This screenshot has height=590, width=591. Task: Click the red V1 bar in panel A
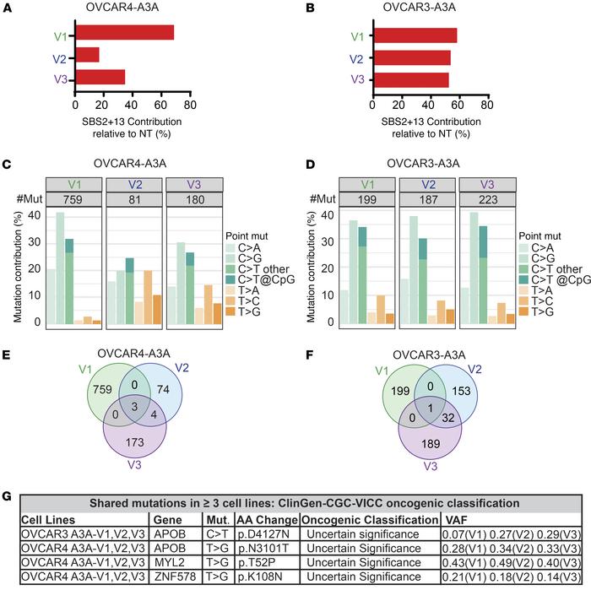pos(124,33)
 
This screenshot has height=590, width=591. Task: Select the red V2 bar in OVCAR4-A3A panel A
pos(87,56)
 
